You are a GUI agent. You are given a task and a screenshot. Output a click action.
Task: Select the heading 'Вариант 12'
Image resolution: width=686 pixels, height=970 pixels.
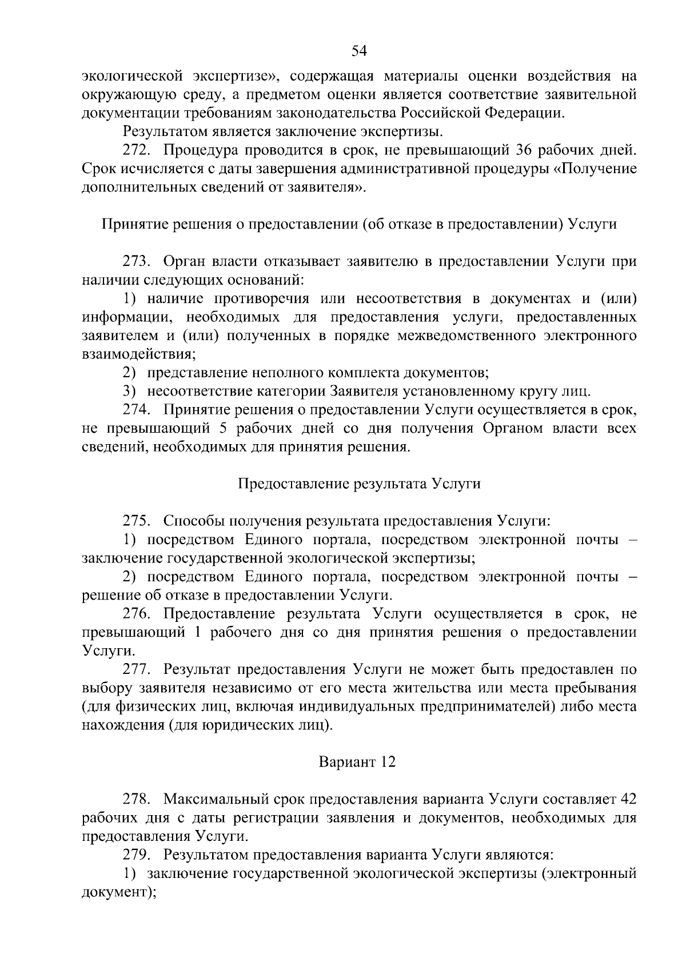(x=357, y=763)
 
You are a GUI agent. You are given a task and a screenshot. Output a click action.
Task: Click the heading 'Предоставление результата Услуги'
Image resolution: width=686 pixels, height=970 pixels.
(x=359, y=484)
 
